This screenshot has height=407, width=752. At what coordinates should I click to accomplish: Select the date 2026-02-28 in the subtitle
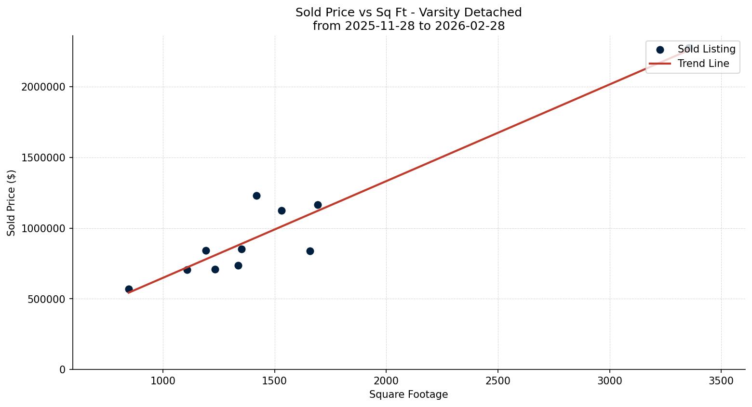470,26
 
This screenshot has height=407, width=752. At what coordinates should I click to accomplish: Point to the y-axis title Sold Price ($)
12,203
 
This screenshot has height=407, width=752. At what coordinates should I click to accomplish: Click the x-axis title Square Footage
408,394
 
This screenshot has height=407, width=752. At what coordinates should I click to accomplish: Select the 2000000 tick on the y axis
43,87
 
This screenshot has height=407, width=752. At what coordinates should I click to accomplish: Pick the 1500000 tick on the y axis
43,158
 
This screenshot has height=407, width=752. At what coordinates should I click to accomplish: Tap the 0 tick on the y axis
63,369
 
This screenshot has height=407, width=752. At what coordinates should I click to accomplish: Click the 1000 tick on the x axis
162,381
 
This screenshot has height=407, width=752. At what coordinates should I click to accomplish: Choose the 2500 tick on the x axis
498,381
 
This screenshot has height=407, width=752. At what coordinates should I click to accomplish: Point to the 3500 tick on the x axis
721,381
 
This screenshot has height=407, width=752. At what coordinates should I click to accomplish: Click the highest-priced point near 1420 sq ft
256,196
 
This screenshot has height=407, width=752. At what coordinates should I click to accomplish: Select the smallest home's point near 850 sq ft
129,289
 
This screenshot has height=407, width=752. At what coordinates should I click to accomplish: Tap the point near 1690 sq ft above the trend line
318,205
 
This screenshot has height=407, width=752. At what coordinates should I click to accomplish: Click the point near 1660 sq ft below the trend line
310,251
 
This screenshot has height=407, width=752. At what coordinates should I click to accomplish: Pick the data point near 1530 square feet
282,210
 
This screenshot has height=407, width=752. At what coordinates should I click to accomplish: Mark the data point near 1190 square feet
206,250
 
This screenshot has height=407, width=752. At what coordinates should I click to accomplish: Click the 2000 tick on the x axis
386,381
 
